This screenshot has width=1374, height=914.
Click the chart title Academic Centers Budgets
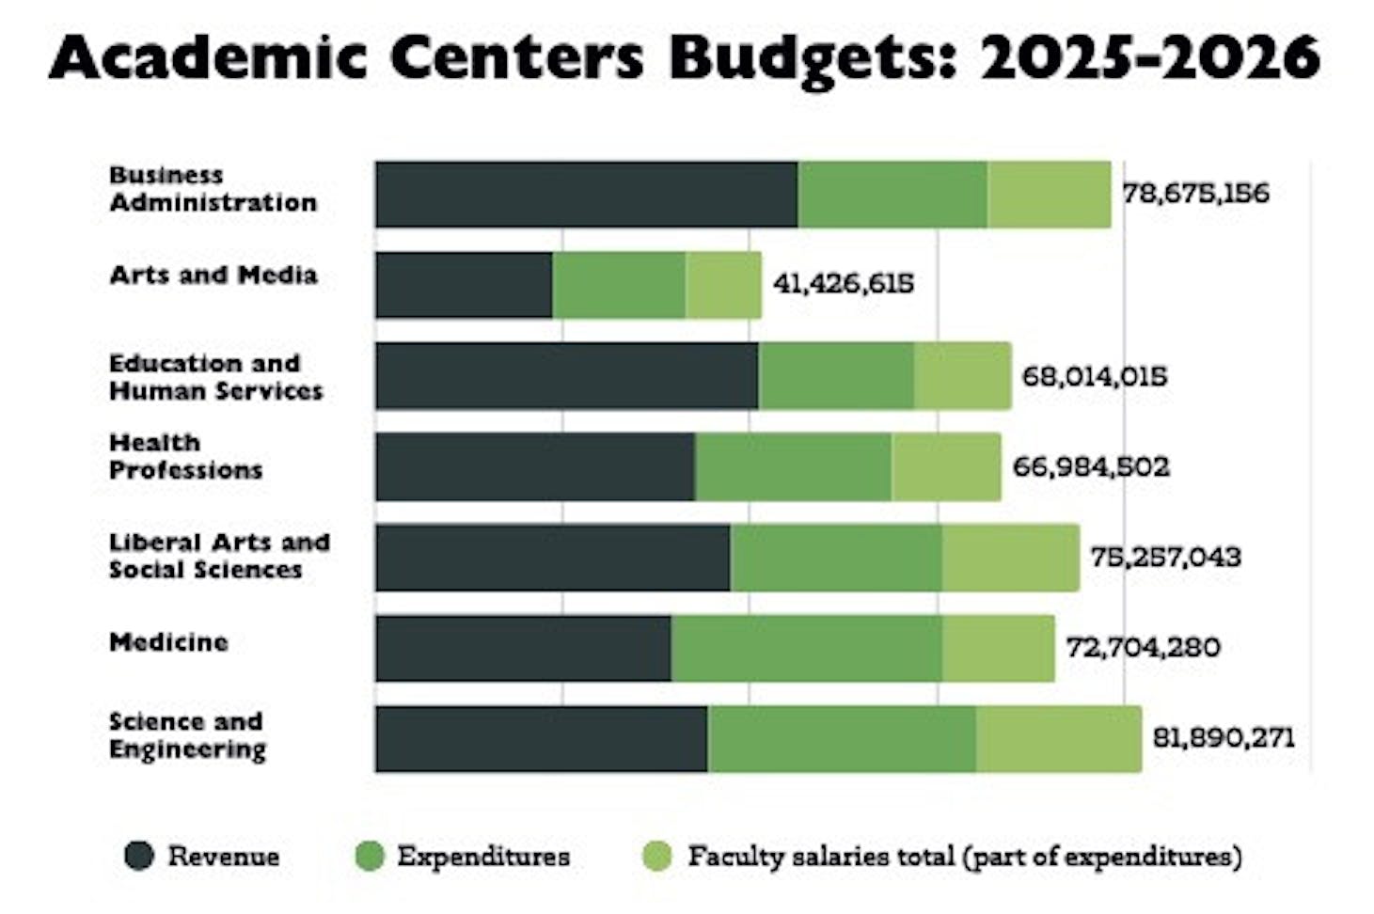pyautogui.click(x=685, y=58)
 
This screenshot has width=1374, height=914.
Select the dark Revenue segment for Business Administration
pyautogui.click(x=586, y=195)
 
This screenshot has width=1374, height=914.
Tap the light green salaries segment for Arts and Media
pyautogui.click(x=723, y=285)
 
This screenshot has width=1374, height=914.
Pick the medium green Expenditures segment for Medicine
pyautogui.click(x=806, y=648)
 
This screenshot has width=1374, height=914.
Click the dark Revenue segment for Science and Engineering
pyautogui.click(x=541, y=739)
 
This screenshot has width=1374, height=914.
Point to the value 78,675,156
pyautogui.click(x=1195, y=194)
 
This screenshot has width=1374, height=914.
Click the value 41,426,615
pyautogui.click(x=843, y=284)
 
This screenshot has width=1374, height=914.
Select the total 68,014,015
pyautogui.click(x=1094, y=376)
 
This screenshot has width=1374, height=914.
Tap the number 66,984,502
pyautogui.click(x=1091, y=466)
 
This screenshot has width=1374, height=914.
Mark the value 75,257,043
pyautogui.click(x=1165, y=557)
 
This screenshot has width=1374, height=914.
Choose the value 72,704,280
pyautogui.click(x=1143, y=647)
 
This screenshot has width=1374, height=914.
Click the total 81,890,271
pyautogui.click(x=1223, y=737)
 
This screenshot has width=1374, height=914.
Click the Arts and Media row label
pyautogui.click(x=213, y=276)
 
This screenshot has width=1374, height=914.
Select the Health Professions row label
pyautogui.click(x=185, y=456)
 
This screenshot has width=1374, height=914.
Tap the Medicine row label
pyautogui.click(x=168, y=642)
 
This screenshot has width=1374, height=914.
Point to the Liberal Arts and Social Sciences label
pyautogui.click(x=219, y=556)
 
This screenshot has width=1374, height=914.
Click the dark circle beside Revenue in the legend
pyautogui.click(x=139, y=856)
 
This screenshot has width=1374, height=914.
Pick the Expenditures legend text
pyautogui.click(x=483, y=856)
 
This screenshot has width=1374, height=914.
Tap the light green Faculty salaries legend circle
pyautogui.click(x=656, y=856)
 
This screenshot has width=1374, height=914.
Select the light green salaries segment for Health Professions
pyautogui.click(x=946, y=466)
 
